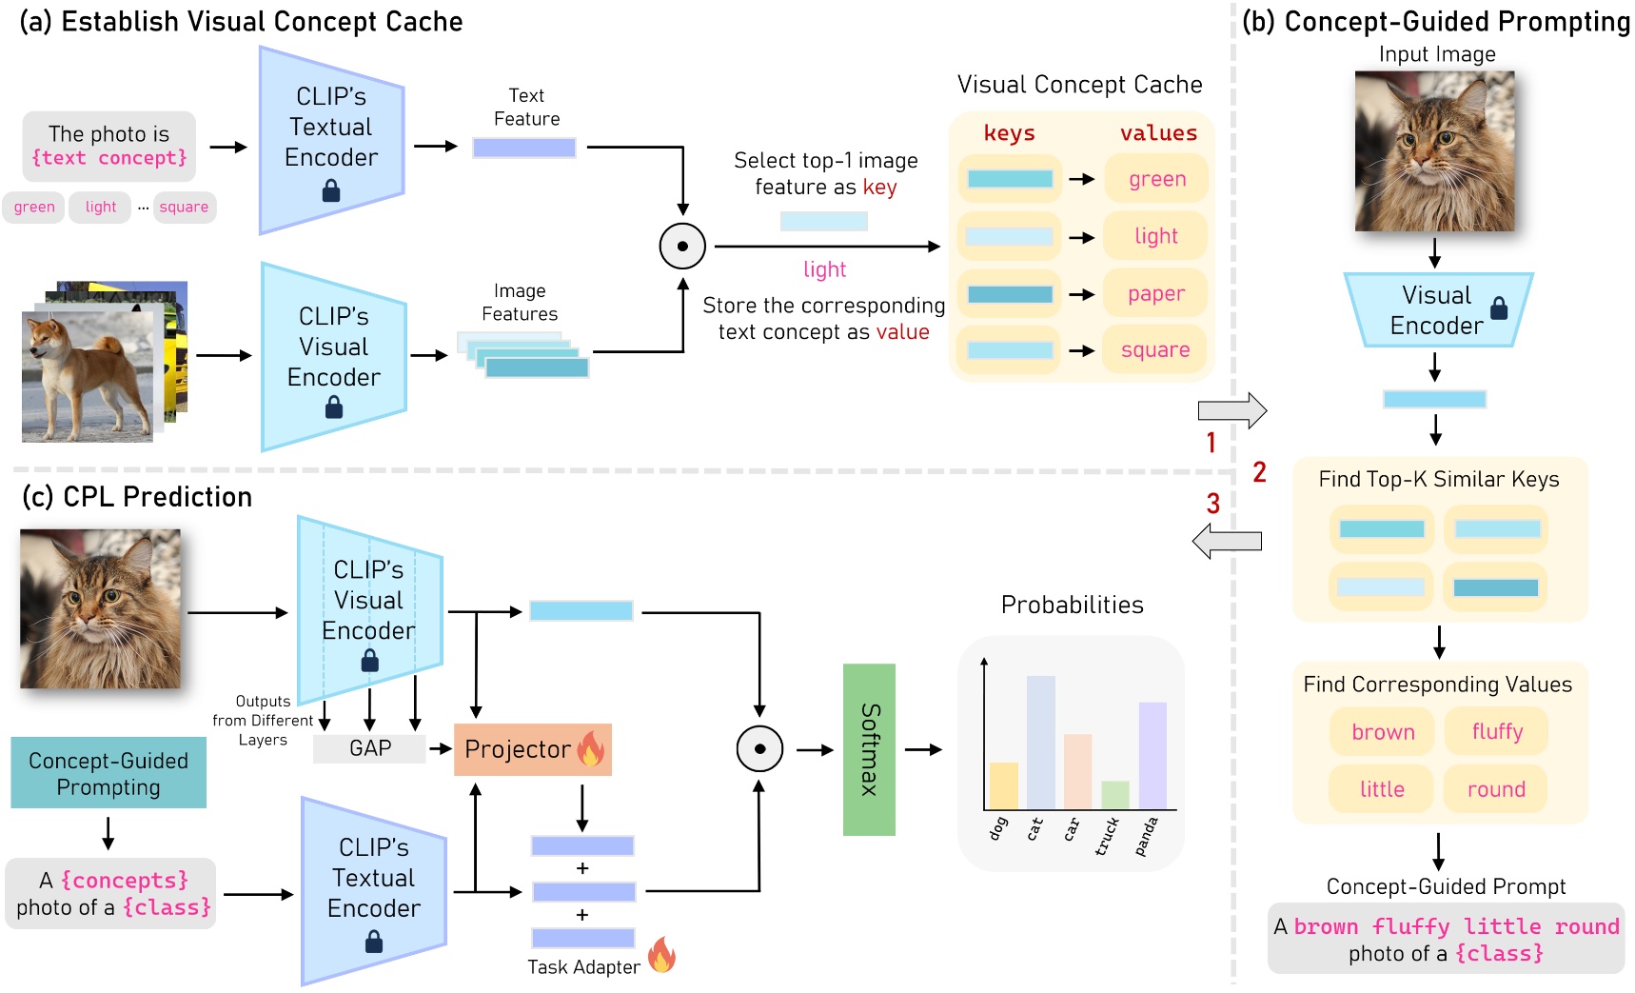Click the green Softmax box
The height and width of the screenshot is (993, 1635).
tap(869, 749)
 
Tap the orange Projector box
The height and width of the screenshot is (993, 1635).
tap(533, 749)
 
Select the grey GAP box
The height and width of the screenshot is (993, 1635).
tap(369, 748)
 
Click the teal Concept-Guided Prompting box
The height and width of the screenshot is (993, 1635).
tap(108, 773)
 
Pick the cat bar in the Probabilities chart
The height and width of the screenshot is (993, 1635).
tap(1040, 743)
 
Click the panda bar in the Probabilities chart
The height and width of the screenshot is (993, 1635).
tap(1152, 756)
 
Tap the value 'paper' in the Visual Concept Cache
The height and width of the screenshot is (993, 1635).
tap(1156, 294)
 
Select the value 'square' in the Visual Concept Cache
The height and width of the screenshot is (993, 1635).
tap(1155, 350)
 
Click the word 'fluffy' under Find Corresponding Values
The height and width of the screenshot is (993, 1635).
tap(1497, 731)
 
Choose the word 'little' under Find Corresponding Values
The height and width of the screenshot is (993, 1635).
tap(1382, 788)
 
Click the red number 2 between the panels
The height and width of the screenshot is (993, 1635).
tap(1259, 472)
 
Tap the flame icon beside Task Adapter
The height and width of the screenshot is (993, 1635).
tap(662, 954)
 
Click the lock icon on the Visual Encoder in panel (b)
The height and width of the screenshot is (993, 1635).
tap(1499, 308)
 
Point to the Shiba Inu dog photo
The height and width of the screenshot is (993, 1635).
tap(88, 376)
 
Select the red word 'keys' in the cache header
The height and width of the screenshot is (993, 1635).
tap(1009, 133)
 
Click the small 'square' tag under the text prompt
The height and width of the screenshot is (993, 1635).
tap(184, 207)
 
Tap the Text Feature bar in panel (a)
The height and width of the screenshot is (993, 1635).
tap(524, 148)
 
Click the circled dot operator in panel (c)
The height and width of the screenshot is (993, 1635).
tap(759, 748)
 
